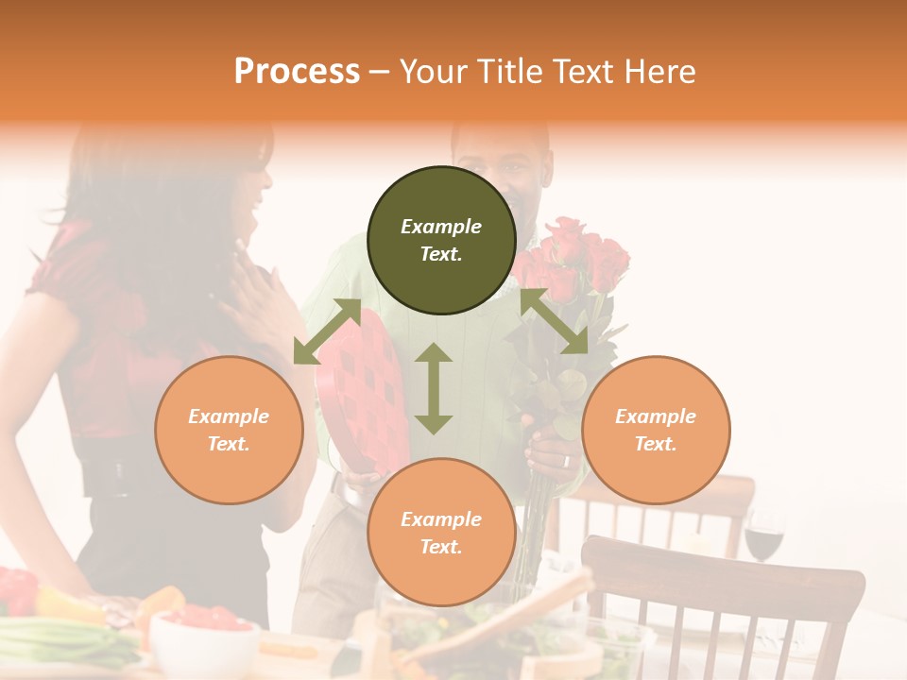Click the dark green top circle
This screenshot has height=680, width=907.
pyautogui.click(x=441, y=240)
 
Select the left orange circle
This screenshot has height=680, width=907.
pyautogui.click(x=229, y=430)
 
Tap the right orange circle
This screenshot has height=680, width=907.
pyautogui.click(x=656, y=430)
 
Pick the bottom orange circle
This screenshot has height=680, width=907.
pyautogui.click(x=441, y=533)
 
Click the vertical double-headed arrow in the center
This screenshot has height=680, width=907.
pyautogui.click(x=434, y=388)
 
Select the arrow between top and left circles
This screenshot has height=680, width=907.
pyautogui.click(x=327, y=331)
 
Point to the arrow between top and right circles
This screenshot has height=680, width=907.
pyautogui.click(x=554, y=321)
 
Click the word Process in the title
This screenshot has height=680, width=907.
pyautogui.click(x=297, y=72)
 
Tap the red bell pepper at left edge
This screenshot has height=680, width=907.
pyautogui.click(x=17, y=590)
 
